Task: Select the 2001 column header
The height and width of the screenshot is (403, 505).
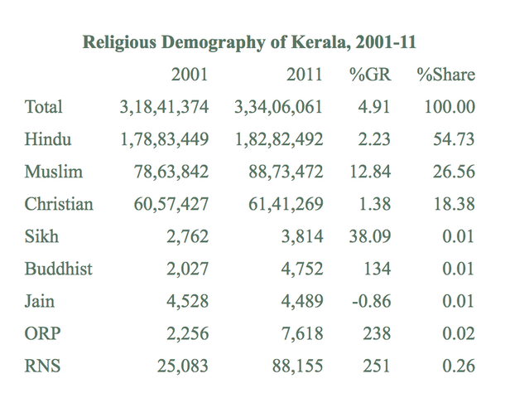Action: click(190, 75)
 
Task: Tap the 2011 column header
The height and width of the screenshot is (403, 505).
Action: click(304, 75)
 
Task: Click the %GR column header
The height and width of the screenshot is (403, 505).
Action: click(369, 75)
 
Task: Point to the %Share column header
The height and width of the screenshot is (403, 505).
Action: click(446, 75)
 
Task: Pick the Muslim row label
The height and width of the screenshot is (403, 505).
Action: click(52, 172)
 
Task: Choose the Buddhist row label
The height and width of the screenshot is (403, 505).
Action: click(59, 269)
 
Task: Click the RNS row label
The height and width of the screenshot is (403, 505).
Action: click(44, 366)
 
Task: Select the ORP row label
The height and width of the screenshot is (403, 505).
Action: click(43, 333)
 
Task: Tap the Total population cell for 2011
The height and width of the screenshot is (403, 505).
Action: click(278, 107)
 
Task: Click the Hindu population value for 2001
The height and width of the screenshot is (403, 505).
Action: click(164, 139)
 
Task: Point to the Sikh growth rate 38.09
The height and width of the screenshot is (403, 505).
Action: click(369, 236)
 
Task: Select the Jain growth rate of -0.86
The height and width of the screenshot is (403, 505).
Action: click(371, 301)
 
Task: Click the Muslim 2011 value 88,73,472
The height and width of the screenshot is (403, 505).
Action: click(285, 172)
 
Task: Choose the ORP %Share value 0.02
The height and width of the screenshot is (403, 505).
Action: click(458, 333)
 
